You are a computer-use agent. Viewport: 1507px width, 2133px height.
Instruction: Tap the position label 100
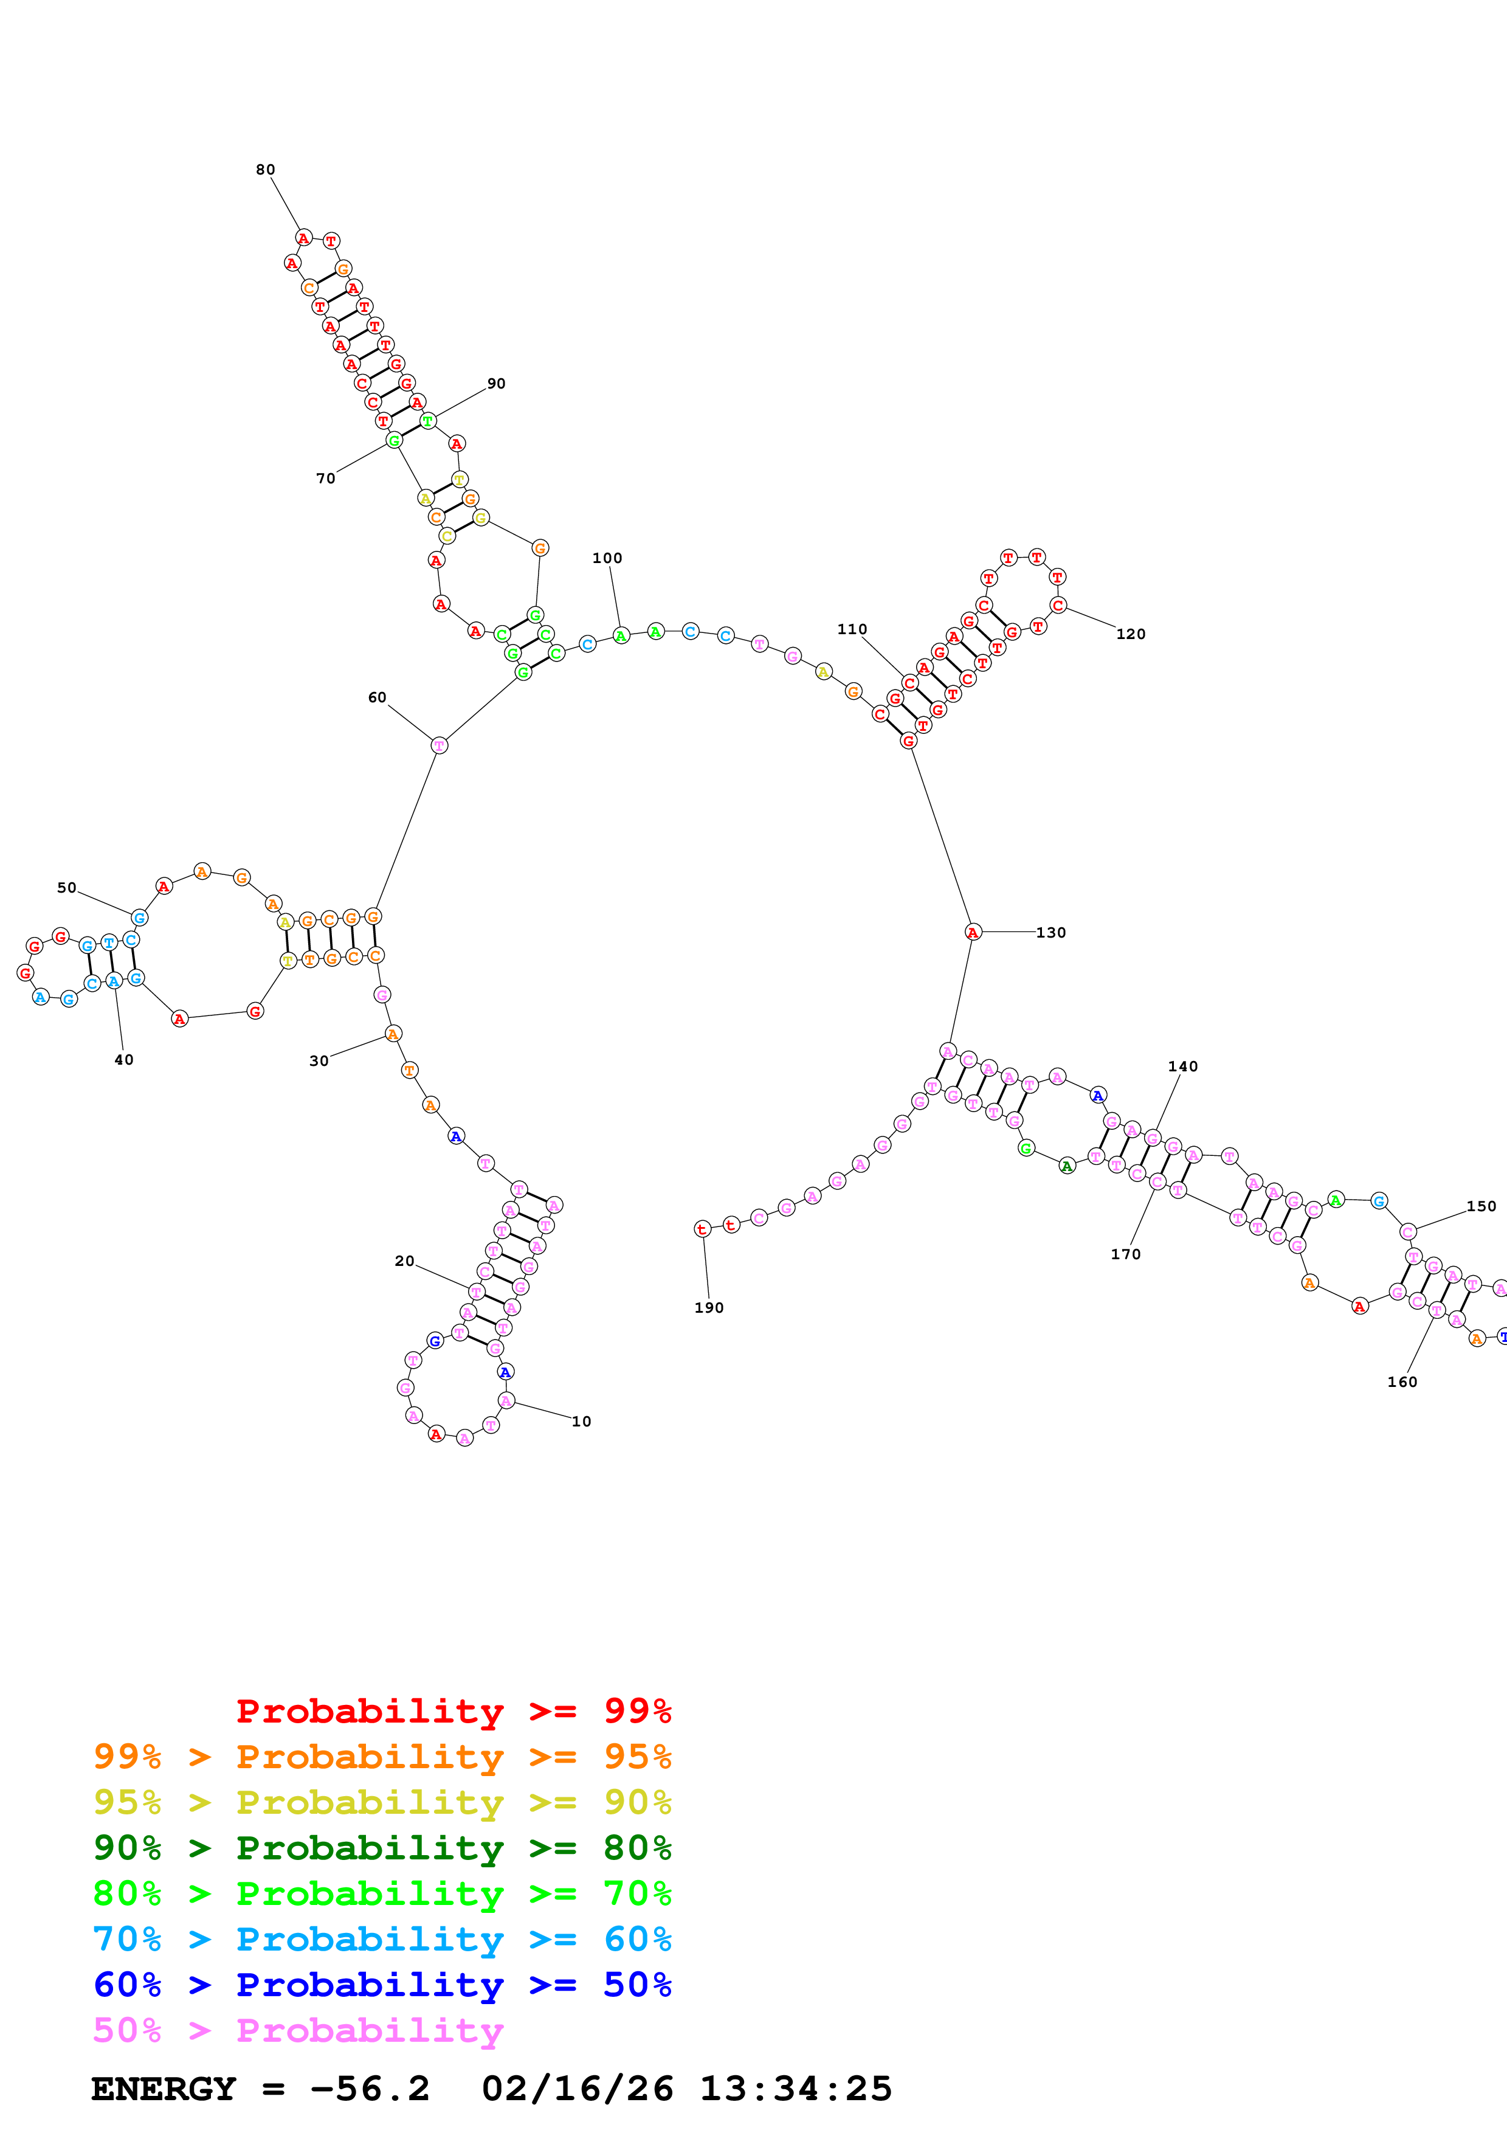coord(607,558)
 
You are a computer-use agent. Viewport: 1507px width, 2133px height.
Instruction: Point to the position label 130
coord(1051,933)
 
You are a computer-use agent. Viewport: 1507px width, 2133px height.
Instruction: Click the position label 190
coord(708,1308)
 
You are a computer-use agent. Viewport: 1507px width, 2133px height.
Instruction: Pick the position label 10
coord(581,1422)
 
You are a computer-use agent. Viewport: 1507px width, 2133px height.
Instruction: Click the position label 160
coord(1402,1382)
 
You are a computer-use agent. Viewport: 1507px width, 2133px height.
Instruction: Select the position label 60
coord(377,697)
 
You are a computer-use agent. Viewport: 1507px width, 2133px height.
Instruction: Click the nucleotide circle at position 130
coord(972,932)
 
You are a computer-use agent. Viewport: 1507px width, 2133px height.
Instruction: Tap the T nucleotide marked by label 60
coord(439,745)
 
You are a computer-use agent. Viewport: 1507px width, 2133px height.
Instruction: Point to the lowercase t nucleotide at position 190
coord(702,1229)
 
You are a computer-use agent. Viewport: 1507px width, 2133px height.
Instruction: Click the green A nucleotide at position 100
coord(621,635)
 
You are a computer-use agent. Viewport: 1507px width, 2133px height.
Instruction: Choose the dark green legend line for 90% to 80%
coord(382,1848)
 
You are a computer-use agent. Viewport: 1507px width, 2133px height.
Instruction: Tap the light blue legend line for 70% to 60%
coord(382,1940)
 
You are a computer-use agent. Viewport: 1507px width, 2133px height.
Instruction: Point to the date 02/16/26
coord(577,2089)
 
